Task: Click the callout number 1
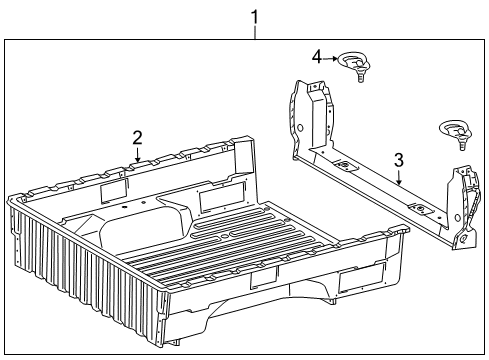(254, 17)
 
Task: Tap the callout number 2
(137, 138)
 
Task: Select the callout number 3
(398, 158)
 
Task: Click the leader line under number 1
(254, 32)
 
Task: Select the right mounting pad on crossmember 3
(424, 211)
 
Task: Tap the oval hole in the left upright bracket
(298, 128)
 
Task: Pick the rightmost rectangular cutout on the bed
(361, 281)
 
